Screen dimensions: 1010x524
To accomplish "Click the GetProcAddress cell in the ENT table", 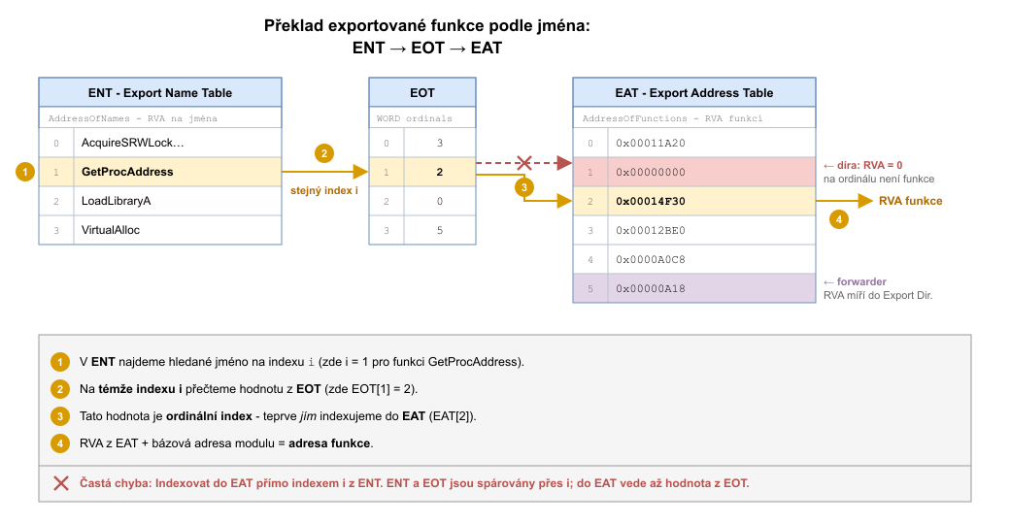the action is pos(178,172).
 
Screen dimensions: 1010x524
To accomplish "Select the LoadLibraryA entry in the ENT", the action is pos(178,201).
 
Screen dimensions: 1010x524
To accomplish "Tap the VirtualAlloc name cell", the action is pos(178,230).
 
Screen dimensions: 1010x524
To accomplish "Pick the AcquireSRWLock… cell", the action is pos(178,143).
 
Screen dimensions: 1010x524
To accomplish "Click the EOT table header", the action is pos(422,93).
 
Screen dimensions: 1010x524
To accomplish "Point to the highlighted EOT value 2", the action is pos(440,172).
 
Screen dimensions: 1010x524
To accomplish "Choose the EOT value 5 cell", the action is pos(440,230).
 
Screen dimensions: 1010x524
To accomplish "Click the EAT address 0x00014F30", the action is pos(712,201).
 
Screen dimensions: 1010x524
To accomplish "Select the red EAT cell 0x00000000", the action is pos(712,172).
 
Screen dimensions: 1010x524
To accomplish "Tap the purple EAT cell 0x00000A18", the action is pos(712,288).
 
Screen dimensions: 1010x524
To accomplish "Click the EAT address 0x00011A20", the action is pos(712,143).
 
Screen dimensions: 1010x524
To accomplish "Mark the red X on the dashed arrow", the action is pos(524,163).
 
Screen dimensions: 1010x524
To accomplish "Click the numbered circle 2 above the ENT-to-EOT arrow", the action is pos(324,153).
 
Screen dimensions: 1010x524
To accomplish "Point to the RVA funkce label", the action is pos(910,201).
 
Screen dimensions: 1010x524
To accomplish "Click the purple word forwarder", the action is pos(861,281).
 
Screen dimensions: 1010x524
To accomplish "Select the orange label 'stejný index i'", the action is pos(324,190).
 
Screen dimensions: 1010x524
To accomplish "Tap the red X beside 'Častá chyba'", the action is pos(61,483).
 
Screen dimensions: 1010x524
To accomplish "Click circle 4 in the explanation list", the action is pos(60,443).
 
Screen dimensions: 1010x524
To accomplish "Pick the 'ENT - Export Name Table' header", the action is pos(159,93).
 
